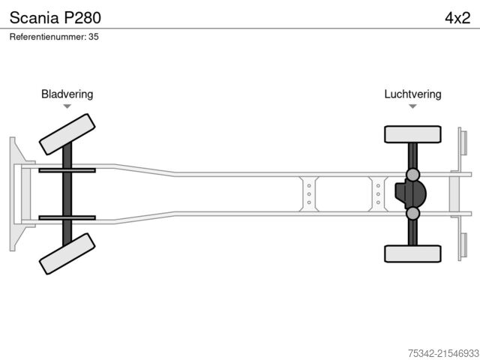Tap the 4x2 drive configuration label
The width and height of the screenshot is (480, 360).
click(x=457, y=17)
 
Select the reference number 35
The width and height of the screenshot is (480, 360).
click(x=94, y=37)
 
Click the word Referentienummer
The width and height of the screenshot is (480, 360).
click(x=47, y=37)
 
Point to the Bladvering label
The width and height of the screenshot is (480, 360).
click(x=67, y=94)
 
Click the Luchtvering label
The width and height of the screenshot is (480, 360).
click(x=412, y=94)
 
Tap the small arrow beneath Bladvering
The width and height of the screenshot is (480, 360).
click(x=67, y=106)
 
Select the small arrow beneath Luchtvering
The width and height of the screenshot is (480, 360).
click(x=412, y=106)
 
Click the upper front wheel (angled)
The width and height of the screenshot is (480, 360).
click(x=67, y=134)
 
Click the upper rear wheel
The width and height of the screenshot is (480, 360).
click(x=412, y=134)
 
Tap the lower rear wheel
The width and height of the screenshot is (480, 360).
click(x=412, y=253)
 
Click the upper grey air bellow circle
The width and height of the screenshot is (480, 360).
click(x=412, y=175)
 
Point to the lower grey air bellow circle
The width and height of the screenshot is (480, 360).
click(x=412, y=214)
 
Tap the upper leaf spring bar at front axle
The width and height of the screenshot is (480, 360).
click(x=67, y=170)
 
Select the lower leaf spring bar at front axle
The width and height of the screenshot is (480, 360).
click(x=67, y=217)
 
